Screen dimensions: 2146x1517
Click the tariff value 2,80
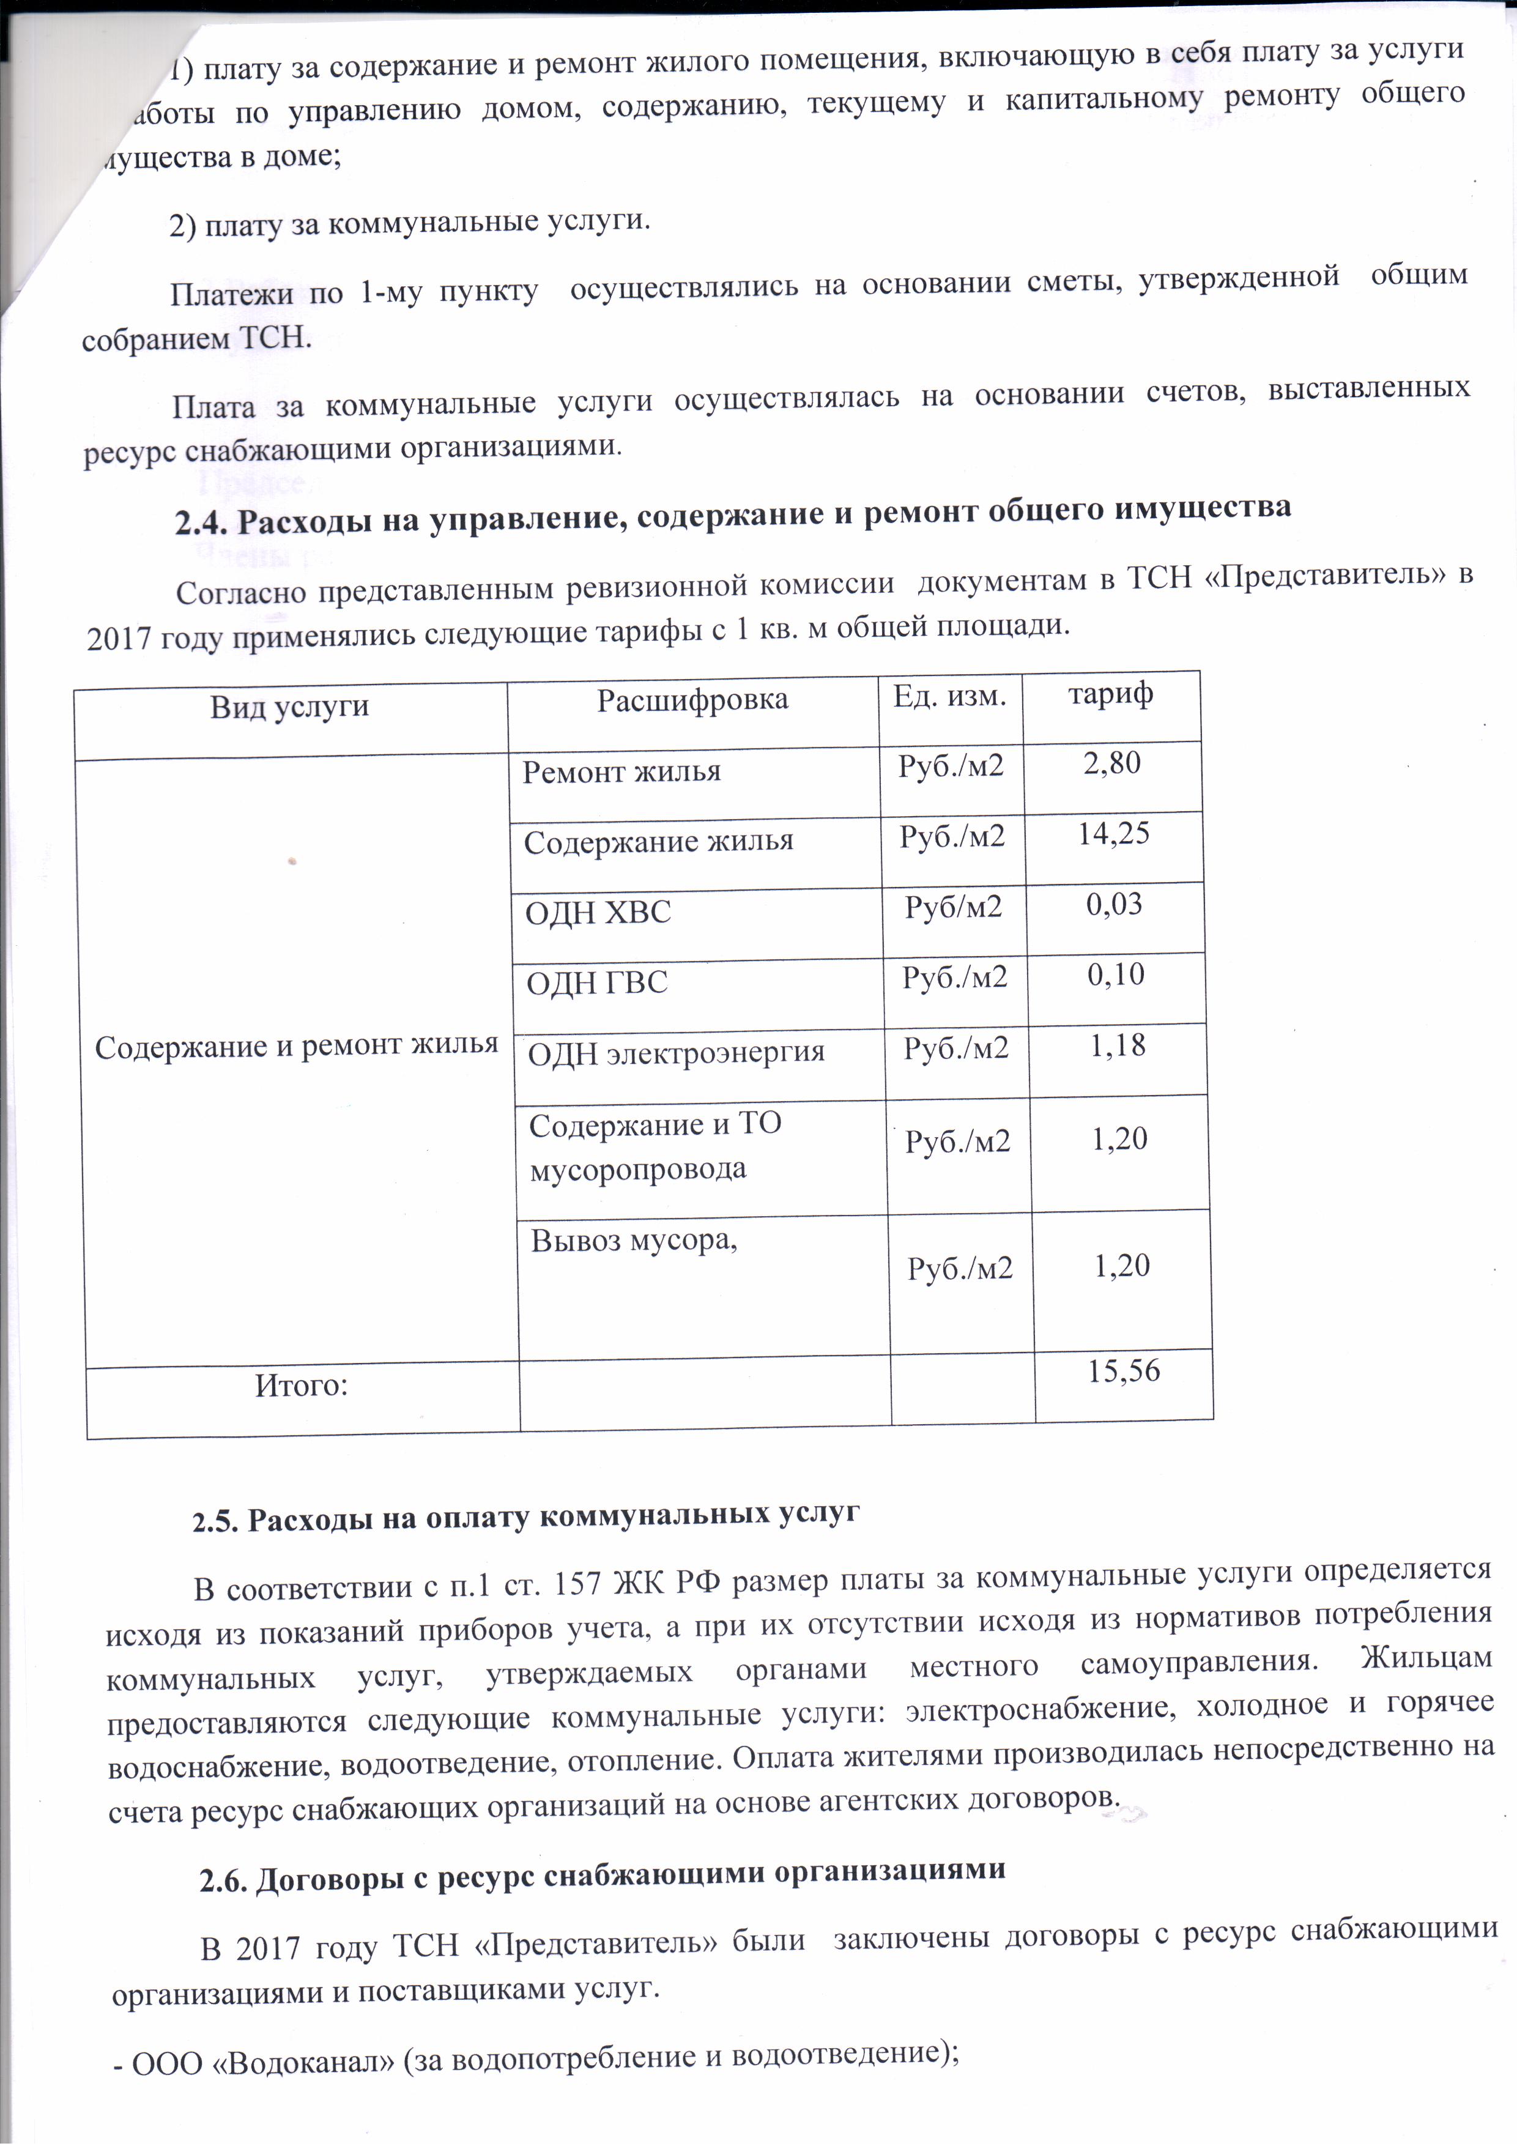(x=1111, y=763)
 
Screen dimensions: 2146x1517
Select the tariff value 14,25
(x=1113, y=834)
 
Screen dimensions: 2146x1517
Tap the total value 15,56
(x=1124, y=1371)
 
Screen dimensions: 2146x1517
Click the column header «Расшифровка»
(x=692, y=699)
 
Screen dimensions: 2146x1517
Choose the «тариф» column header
(x=1110, y=694)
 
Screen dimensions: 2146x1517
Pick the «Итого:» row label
(x=301, y=1385)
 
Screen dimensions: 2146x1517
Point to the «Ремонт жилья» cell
(x=621, y=772)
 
